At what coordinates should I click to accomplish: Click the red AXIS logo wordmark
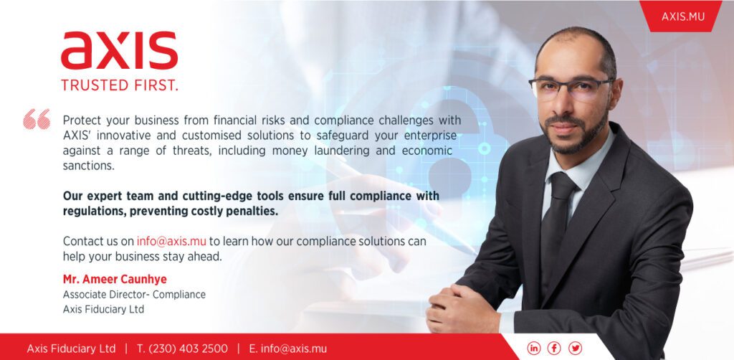click(x=120, y=51)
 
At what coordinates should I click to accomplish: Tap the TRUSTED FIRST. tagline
click(x=120, y=85)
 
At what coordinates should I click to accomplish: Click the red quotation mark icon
click(x=37, y=119)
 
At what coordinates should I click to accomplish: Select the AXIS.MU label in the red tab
click(x=682, y=17)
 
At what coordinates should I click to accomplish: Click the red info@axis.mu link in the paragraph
click(x=171, y=241)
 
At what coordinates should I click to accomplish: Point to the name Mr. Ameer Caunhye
click(x=115, y=280)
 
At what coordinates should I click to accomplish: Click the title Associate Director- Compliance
click(x=134, y=295)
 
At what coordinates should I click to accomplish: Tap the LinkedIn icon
click(x=533, y=348)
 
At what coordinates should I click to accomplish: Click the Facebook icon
click(x=554, y=348)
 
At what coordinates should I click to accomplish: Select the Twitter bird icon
click(x=576, y=348)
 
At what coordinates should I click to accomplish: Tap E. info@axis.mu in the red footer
click(x=288, y=349)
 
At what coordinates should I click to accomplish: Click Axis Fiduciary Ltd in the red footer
click(x=71, y=349)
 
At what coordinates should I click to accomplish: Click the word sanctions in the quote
click(x=88, y=166)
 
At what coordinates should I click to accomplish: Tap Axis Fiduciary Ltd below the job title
click(x=103, y=309)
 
